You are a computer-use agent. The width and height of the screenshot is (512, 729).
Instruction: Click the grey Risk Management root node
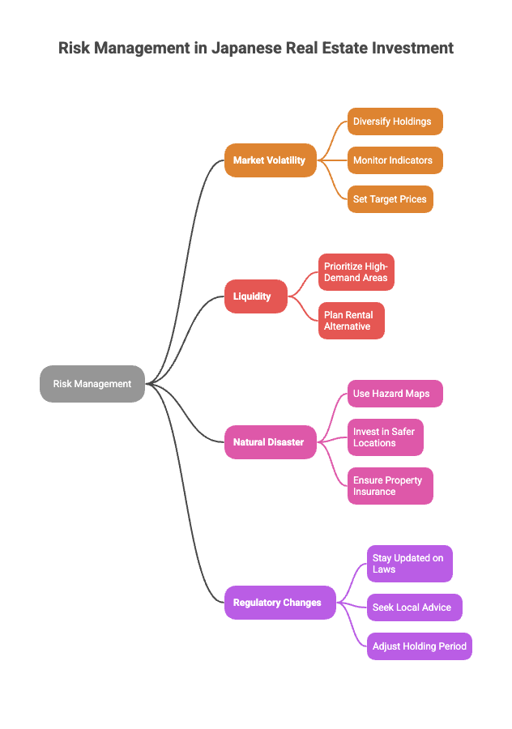click(x=92, y=384)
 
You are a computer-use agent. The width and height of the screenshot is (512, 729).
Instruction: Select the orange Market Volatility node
click(x=270, y=160)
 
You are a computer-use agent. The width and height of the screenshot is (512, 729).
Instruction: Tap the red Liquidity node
click(x=255, y=296)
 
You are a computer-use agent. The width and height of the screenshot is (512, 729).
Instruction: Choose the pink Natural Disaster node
click(x=270, y=442)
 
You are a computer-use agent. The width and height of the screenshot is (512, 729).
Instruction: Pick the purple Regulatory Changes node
click(x=279, y=603)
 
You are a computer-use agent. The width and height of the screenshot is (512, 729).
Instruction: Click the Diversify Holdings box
click(x=395, y=122)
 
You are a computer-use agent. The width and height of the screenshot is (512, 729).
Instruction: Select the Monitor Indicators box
click(x=395, y=160)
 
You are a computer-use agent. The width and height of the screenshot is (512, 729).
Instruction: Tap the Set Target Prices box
click(x=390, y=199)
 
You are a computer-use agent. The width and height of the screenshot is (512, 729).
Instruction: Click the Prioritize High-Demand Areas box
click(x=356, y=272)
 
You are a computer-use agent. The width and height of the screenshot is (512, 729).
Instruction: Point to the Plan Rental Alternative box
click(x=351, y=321)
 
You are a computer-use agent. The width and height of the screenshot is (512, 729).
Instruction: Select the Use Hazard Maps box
click(x=395, y=394)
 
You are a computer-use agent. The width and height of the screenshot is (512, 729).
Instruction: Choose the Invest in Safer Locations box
click(x=385, y=437)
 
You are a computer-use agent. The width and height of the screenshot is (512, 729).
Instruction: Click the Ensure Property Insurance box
click(x=390, y=486)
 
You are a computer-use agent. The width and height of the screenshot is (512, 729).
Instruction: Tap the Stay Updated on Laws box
click(x=409, y=564)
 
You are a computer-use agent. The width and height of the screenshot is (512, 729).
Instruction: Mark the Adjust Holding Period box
click(x=419, y=646)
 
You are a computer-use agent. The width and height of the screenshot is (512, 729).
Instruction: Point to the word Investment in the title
click(x=412, y=48)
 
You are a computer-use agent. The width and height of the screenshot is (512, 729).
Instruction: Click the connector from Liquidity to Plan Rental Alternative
click(x=304, y=310)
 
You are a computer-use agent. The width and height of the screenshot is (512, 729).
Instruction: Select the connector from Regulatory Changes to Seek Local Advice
click(x=352, y=604)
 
